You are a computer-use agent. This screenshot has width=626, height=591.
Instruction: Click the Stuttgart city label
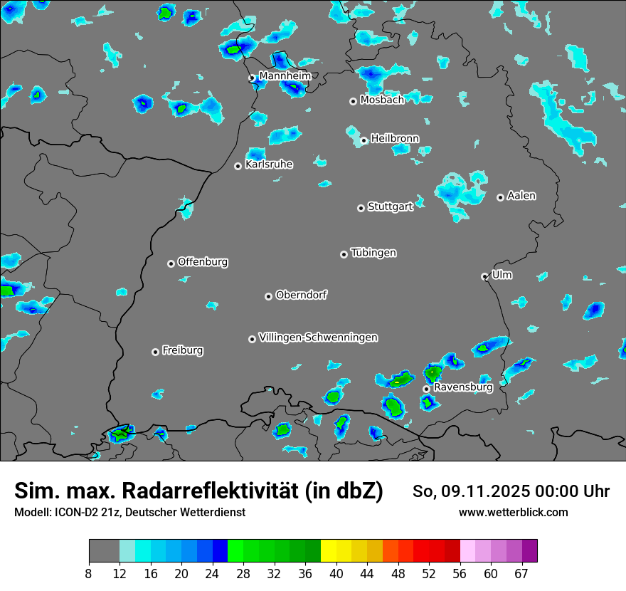pyautogui.click(x=391, y=207)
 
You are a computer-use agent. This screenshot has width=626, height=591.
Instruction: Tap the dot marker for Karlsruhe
pyautogui.click(x=238, y=166)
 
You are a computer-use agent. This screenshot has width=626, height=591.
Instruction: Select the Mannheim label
pyautogui.click(x=285, y=75)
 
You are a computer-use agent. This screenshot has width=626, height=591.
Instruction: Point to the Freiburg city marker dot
pyautogui.click(x=155, y=352)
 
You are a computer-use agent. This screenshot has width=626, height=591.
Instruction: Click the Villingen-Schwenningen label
pyautogui.click(x=318, y=338)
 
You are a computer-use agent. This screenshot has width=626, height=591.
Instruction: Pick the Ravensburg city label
pyautogui.click(x=463, y=387)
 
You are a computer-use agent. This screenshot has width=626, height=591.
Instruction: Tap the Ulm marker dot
pyautogui.click(x=484, y=276)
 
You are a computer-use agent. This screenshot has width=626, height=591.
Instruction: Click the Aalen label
pyautogui.click(x=521, y=196)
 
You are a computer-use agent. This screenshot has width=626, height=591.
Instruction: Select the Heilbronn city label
pyautogui.click(x=395, y=138)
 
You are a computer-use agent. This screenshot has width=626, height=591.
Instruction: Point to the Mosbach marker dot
pyautogui.click(x=353, y=101)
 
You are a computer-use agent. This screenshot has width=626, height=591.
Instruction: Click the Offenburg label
pyautogui.click(x=203, y=262)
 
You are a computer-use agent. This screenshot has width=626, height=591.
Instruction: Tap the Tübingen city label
pyautogui.click(x=373, y=253)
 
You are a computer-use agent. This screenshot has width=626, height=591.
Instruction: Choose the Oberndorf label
pyautogui.click(x=302, y=295)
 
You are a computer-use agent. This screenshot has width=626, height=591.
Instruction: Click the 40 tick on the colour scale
pyautogui.click(x=336, y=574)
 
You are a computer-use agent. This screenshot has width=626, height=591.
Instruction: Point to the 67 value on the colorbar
pyautogui.click(x=521, y=574)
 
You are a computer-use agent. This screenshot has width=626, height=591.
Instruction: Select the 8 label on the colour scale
pyautogui.click(x=89, y=574)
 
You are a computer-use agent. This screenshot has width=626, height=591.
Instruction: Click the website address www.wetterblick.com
pyautogui.click(x=513, y=512)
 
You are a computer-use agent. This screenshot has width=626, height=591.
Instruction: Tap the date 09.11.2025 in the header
pyautogui.click(x=481, y=491)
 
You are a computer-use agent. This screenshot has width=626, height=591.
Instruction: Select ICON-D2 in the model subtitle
pyautogui.click(x=75, y=512)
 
